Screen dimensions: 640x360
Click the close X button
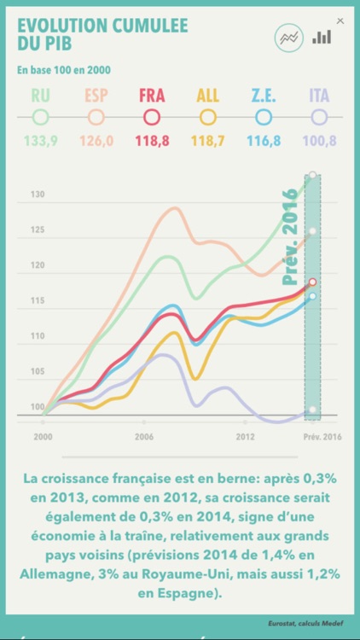341,21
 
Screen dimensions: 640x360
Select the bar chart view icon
322,37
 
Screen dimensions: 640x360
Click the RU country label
41,95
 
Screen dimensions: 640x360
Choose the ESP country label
96,95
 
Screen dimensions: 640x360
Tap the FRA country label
152,95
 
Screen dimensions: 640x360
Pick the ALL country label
207,95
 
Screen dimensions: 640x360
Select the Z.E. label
263,95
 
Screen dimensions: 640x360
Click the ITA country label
319,95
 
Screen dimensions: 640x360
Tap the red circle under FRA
152,117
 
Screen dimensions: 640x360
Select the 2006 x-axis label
143,436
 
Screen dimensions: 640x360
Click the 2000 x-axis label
44,436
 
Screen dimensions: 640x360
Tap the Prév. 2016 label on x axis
322,436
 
